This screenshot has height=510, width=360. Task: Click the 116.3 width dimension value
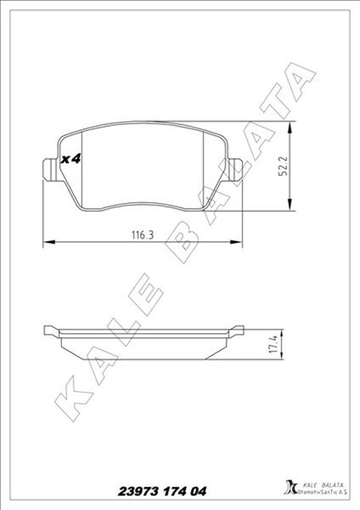pyautogui.click(x=143, y=235)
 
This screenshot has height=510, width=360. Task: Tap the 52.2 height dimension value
pyautogui.click(x=283, y=167)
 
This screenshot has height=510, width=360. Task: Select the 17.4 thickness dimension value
pyautogui.click(x=274, y=344)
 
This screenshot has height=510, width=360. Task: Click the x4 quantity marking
pyautogui.click(x=71, y=159)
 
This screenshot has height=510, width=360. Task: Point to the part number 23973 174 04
pyautogui.click(x=162, y=491)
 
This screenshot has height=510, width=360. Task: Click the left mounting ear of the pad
pyautogui.click(x=49, y=169)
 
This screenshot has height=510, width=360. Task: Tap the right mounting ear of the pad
pyautogui.click(x=236, y=169)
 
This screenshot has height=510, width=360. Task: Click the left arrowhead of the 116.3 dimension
pyautogui.click(x=49, y=242)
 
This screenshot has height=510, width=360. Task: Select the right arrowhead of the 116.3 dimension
pyautogui.click(x=236, y=242)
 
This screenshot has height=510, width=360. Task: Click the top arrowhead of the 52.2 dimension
pyautogui.click(x=289, y=127)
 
